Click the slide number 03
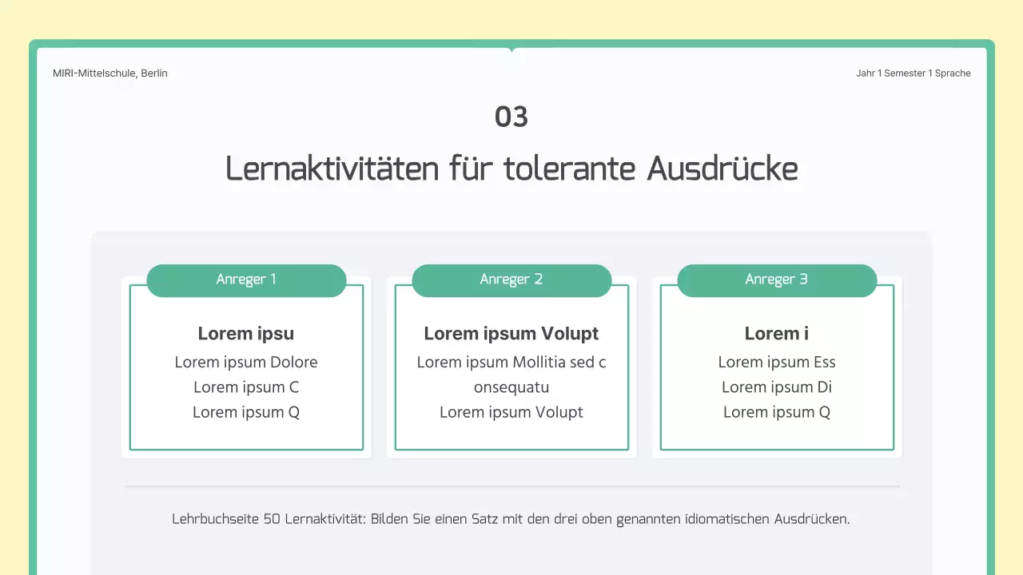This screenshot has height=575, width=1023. click(511, 117)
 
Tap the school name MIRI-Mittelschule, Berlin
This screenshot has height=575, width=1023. click(110, 73)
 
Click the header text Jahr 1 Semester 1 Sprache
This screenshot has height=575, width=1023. click(913, 73)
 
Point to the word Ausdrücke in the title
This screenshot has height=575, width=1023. click(722, 169)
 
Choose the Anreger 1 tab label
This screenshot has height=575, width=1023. click(246, 280)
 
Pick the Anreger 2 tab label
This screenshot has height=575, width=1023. click(511, 280)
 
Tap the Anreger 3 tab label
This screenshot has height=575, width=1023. click(777, 280)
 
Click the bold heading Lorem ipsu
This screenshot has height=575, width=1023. click(246, 334)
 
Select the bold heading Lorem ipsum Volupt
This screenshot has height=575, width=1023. click(511, 334)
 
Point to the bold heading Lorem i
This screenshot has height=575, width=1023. click(777, 334)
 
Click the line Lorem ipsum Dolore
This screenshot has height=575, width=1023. click(246, 363)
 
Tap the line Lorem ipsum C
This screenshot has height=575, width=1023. click(246, 387)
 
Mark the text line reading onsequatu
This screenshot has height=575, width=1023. click(511, 387)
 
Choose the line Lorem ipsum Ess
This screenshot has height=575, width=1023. click(777, 363)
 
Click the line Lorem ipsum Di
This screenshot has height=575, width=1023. click(777, 387)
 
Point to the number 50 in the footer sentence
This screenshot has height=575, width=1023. click(272, 519)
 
